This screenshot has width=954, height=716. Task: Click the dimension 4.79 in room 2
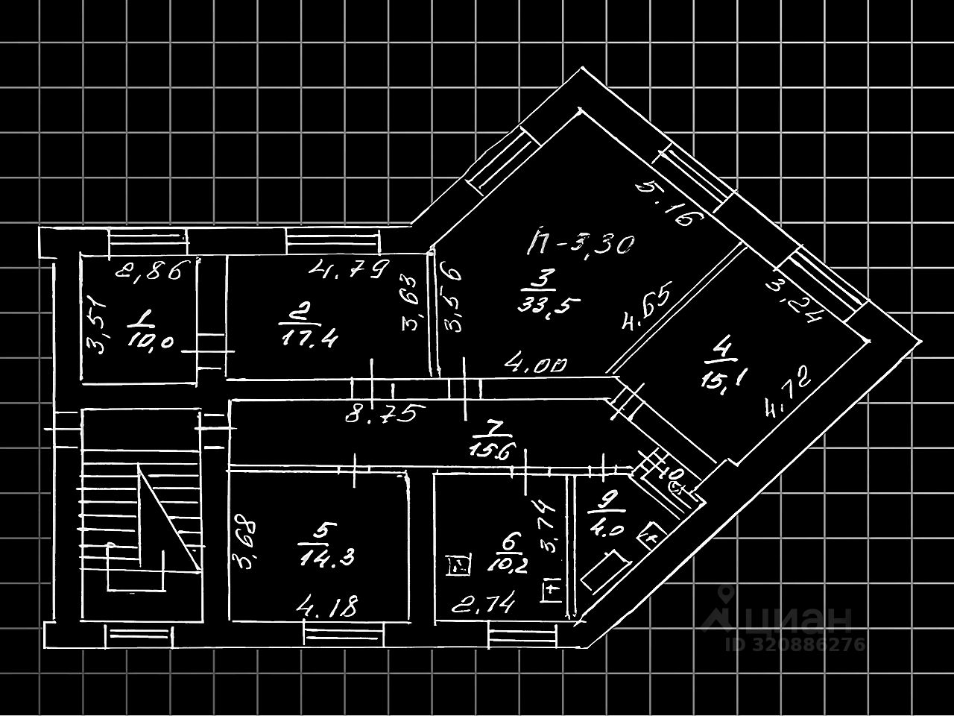tap(350, 267)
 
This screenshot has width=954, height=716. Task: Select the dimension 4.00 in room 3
tap(536, 365)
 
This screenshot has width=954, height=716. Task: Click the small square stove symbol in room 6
tap(456, 567)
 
